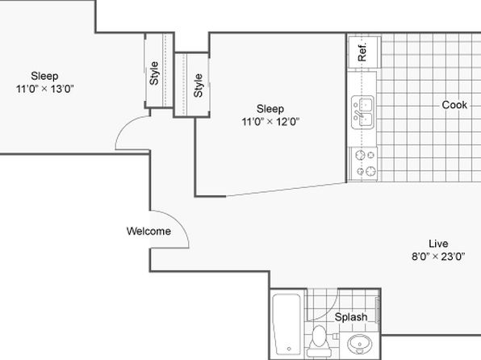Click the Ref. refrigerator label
pyautogui.click(x=362, y=52)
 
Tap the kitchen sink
pyautogui.click(x=363, y=112)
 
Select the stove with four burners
pyautogui.click(x=363, y=164)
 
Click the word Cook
pyautogui.click(x=454, y=105)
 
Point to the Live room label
pyautogui.click(x=438, y=244)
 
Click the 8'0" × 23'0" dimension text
pyautogui.click(x=438, y=256)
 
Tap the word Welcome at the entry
pyautogui.click(x=148, y=231)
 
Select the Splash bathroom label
pyautogui.click(x=351, y=317)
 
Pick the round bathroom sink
pyautogui.click(x=359, y=345)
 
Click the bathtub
pyautogui.click(x=287, y=324)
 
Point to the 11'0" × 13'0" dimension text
pyautogui.click(x=44, y=89)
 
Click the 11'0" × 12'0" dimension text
pyautogui.click(x=270, y=122)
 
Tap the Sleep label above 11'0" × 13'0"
pyautogui.click(x=44, y=76)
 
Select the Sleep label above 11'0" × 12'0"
pyautogui.click(x=270, y=109)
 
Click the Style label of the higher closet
pyautogui.click(x=154, y=73)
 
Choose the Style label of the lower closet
pyautogui.click(x=199, y=86)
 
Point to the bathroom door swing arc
pyautogui.click(x=331, y=311)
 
